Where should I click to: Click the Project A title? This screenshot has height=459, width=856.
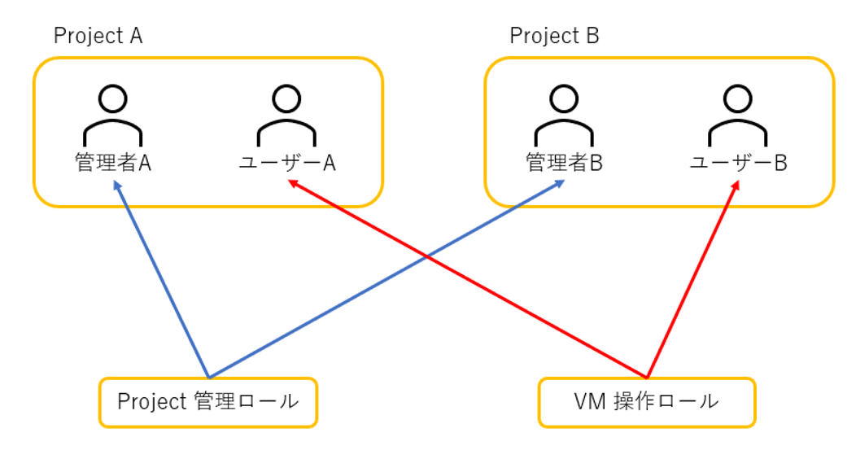98,37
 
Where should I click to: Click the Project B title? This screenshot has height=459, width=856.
554,37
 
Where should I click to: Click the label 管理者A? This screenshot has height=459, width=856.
113,164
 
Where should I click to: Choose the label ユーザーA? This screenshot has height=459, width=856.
287,164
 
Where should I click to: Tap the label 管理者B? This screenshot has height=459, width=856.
564,164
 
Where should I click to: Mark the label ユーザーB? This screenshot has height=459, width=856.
738,164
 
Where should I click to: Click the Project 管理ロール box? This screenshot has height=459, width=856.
207,402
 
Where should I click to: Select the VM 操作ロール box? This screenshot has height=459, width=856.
647,402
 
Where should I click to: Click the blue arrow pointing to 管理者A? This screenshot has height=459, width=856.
163,281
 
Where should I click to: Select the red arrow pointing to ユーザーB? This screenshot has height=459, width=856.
692,281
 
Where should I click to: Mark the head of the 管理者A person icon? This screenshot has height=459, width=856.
113,99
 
